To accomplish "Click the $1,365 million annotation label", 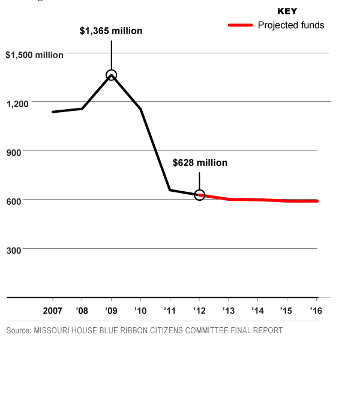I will (111, 31).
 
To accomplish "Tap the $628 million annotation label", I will (200, 162).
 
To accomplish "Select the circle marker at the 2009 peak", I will (111, 75).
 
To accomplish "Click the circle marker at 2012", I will (200, 195).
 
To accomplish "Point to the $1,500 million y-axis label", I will (34, 55).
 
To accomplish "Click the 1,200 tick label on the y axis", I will (19, 104).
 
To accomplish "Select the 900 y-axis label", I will (13, 152).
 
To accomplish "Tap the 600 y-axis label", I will (13, 201).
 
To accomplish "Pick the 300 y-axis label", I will (13, 250).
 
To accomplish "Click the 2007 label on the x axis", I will (53, 310).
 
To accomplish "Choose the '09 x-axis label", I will (110, 310).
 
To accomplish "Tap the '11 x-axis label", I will (169, 310).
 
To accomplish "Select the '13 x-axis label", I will (228, 310).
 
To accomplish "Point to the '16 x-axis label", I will (316, 310).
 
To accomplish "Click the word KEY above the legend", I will (287, 11).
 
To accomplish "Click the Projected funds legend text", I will (291, 25).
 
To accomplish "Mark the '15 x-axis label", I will (287, 310).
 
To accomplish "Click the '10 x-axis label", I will (140, 310).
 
